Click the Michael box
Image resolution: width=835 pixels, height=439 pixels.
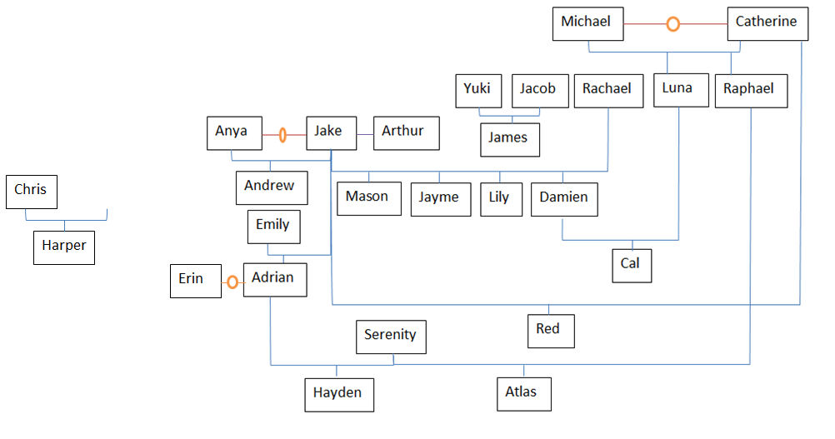coord(587,23)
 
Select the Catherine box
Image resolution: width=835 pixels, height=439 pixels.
coord(767,23)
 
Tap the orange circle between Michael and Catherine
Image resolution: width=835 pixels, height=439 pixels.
coord(672,24)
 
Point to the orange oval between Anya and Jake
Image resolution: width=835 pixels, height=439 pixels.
coord(282,133)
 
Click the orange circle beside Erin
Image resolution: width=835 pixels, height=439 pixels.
coord(232,282)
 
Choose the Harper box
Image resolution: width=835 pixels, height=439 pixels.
coord(64,247)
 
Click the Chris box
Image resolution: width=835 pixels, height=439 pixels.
coord(31,192)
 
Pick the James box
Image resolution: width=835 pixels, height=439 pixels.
coord(509,139)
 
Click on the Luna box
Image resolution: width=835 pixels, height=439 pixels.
coord(677,90)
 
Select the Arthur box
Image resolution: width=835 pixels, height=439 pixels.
coord(405,132)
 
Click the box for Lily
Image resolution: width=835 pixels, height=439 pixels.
coord(500,199)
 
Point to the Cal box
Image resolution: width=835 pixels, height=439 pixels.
coord(631,265)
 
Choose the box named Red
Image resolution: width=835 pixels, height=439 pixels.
coord(550,331)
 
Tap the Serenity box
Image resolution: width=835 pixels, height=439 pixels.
coord(391,337)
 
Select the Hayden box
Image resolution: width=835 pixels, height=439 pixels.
coord(338,394)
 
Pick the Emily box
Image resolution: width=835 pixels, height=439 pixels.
coord(273,227)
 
